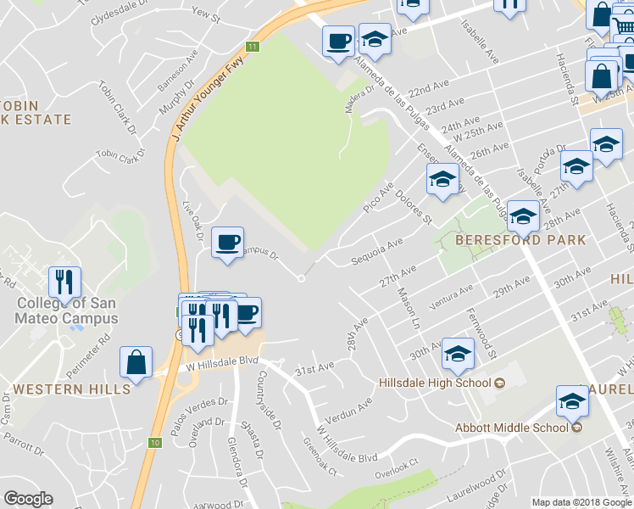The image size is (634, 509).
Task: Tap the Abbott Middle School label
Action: (x=510, y=427)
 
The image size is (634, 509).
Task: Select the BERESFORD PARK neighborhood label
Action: (x=520, y=240)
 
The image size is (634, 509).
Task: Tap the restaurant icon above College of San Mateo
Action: (x=64, y=282)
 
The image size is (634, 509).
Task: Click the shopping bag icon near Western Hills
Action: (x=136, y=362)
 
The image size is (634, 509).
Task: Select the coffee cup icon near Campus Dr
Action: (x=227, y=243)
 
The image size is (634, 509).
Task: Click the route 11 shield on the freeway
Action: (x=253, y=46)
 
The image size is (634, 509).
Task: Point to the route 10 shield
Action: (x=153, y=443)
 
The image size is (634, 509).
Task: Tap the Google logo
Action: (x=28, y=499)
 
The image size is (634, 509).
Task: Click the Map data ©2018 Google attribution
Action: (x=581, y=502)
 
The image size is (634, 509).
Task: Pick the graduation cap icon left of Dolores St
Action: (x=441, y=180)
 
